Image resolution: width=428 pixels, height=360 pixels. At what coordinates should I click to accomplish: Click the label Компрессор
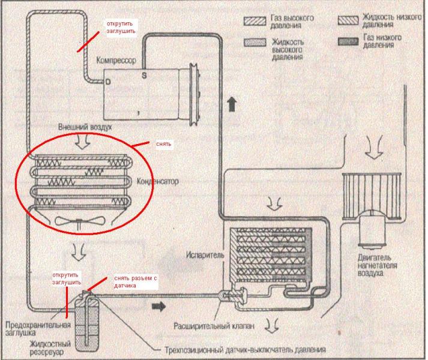[116, 61]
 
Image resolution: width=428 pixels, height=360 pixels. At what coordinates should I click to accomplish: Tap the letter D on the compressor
[108, 82]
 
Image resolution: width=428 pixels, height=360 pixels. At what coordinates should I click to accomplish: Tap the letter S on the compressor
[144, 75]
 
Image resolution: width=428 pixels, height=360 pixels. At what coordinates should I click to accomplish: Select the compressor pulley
[194, 94]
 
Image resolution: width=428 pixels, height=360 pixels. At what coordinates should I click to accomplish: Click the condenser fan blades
[80, 221]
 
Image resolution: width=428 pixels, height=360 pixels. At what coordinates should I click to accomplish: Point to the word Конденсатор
[157, 181]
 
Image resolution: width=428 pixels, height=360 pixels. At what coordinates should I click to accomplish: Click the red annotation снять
[163, 144]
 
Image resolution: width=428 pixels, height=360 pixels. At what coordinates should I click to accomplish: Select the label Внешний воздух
[85, 127]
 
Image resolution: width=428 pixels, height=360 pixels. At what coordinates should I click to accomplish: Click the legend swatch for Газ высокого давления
[255, 21]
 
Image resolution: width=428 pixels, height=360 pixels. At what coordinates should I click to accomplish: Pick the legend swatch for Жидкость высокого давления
[255, 43]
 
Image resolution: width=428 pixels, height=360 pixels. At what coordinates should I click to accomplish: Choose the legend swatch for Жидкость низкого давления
[348, 20]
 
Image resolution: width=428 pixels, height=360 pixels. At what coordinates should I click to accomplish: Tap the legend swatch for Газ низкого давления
[348, 41]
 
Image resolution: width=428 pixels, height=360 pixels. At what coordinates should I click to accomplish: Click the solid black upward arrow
[232, 104]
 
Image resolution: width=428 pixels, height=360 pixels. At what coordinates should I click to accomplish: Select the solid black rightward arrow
[158, 307]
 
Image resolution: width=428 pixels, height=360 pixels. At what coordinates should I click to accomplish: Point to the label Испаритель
[205, 255]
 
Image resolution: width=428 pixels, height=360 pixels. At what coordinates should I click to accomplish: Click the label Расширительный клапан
[214, 326]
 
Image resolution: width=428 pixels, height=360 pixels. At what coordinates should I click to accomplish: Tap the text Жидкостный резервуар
[50, 348]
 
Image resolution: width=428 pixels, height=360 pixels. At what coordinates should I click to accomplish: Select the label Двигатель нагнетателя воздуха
[377, 265]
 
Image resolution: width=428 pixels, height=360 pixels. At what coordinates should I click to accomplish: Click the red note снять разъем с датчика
[136, 282]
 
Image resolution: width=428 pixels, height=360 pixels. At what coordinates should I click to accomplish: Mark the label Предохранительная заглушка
[38, 329]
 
